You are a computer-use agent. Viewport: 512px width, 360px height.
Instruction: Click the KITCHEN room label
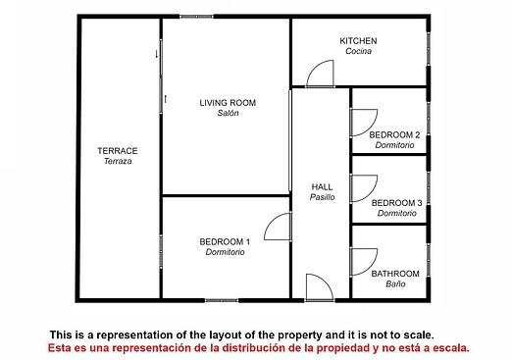pos(358,41)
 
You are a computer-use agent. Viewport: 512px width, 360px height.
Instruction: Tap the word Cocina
pos(358,51)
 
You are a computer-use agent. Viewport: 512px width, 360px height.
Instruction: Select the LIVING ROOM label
pos(228,103)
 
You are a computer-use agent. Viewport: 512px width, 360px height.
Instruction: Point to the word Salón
pos(228,113)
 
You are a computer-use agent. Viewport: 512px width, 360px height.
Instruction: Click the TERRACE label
pos(118,151)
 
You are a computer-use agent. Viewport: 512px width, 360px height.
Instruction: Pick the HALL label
pos(322,187)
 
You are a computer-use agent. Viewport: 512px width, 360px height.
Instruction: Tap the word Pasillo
pos(322,197)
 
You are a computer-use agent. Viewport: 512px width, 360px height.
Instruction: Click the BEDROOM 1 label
pos(225,241)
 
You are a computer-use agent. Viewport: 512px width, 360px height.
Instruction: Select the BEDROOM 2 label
pos(394,134)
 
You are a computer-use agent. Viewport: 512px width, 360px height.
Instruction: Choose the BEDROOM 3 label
pos(396,203)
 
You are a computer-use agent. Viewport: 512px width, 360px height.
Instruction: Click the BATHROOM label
pos(395,274)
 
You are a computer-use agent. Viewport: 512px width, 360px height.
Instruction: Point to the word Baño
pos(395,283)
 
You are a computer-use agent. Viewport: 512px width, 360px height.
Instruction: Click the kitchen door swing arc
pos(314,68)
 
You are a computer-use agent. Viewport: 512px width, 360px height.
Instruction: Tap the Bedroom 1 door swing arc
pos(272,220)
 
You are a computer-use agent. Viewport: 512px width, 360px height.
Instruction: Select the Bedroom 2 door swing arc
pos(370,129)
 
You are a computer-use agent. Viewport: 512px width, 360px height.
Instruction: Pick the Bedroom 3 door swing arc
pos(370,194)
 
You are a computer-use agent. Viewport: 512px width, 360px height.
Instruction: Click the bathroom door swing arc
pos(370,268)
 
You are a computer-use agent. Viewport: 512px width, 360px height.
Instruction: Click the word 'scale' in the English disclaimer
pos(419,334)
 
